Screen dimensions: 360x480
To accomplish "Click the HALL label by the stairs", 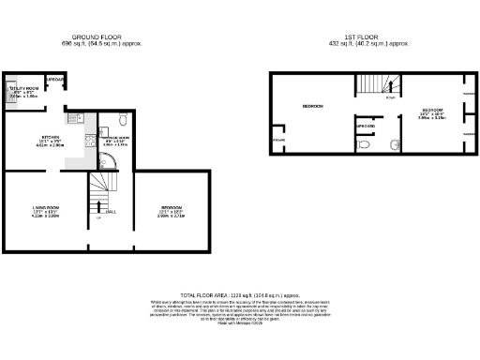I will pos(111,212).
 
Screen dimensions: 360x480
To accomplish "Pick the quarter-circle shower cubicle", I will pos(108,160).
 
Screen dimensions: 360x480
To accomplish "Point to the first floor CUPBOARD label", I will pos(366,125).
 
